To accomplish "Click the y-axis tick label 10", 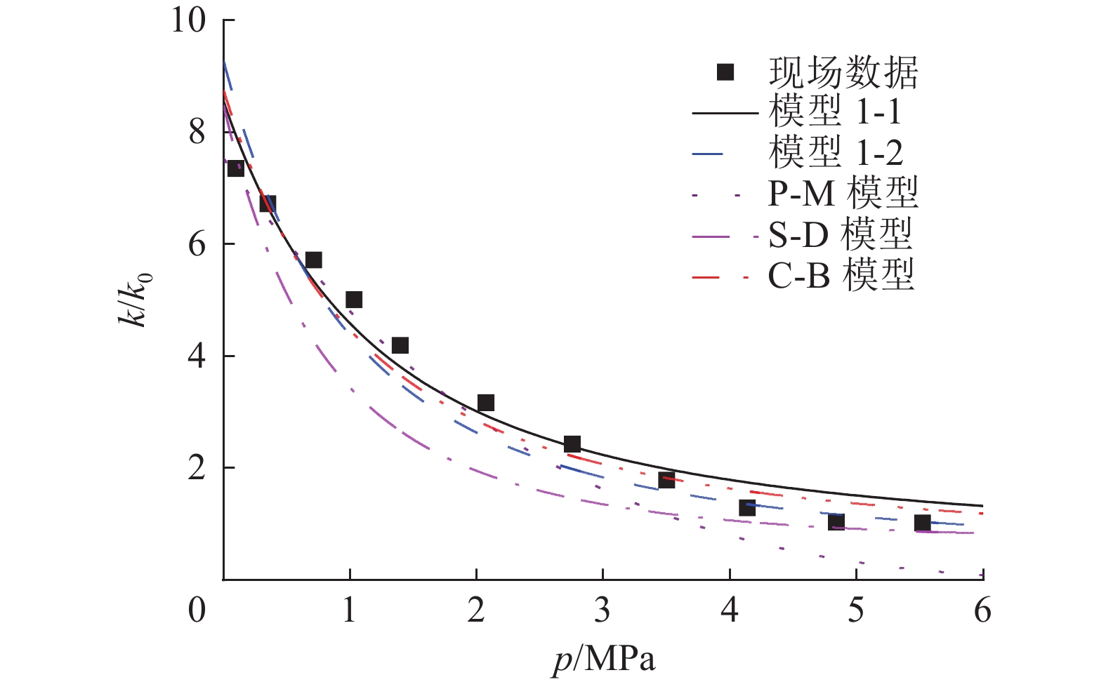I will click(188, 20).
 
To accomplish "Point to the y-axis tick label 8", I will click(197, 132).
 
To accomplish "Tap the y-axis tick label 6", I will click(197, 244).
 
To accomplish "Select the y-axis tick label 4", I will click(197, 356).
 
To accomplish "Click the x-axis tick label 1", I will click(350, 610).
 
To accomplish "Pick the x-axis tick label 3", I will click(603, 610).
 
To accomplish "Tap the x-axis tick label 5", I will click(855, 610).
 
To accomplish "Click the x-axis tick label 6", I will click(982, 610).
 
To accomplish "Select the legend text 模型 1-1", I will click(835, 112).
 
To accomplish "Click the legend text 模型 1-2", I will click(835, 152).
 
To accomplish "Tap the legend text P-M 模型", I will click(843, 193).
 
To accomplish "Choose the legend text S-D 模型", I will click(840, 234).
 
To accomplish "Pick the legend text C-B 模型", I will click(841, 274).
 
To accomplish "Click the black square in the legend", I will click(725, 72).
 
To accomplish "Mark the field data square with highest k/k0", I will click(236, 168).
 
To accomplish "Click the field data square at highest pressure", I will click(922, 523).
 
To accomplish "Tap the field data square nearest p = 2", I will click(486, 403).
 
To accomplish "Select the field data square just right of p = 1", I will click(354, 300).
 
